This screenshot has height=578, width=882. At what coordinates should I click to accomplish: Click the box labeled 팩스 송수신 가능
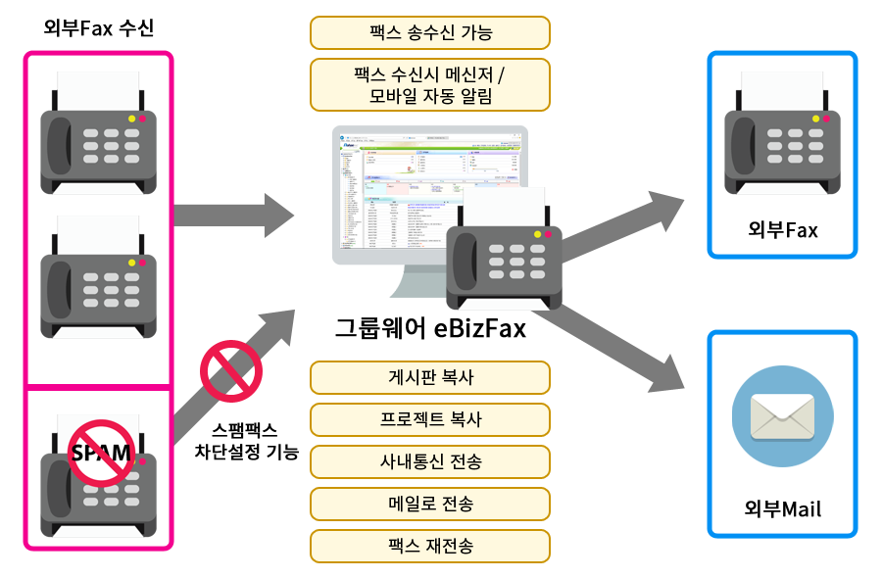tap(429, 32)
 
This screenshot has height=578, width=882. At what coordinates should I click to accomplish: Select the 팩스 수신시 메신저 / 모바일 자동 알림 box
tap(429, 84)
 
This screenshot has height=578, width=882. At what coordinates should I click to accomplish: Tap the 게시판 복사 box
tap(429, 376)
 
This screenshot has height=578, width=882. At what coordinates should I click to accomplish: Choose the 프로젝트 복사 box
tap(429, 418)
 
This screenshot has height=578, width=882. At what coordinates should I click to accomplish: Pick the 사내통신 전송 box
tap(429, 460)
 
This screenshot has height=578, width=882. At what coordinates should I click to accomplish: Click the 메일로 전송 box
tap(429, 504)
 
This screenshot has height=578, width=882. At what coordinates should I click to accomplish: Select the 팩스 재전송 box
tap(429, 546)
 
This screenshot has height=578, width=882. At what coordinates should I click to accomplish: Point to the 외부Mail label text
tap(782, 509)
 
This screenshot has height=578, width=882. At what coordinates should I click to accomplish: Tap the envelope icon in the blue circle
tap(782, 416)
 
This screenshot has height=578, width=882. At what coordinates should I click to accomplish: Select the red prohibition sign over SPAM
tap(102, 453)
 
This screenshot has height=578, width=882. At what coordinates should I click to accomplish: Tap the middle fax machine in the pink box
tap(98, 279)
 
